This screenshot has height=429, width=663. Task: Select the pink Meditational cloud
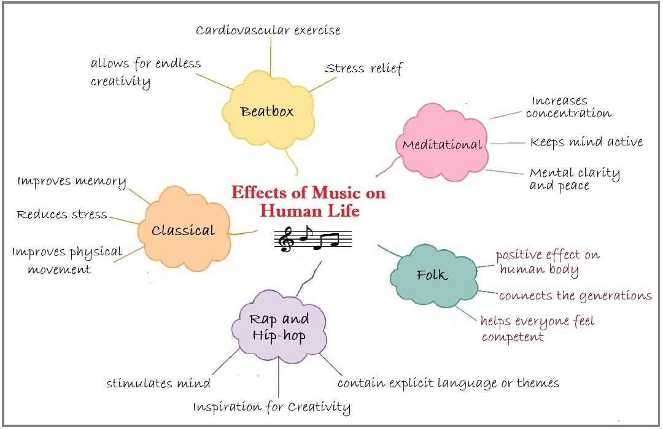point(442,145)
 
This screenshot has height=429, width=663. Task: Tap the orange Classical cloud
point(184,231)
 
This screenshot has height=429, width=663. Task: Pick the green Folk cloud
point(433,274)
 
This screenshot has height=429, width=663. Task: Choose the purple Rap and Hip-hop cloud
point(279,328)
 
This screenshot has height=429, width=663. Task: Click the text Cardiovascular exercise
point(268,29)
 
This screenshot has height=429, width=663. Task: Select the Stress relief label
point(363,68)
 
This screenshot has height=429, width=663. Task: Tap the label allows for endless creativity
point(145,72)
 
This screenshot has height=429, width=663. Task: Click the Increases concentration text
point(568,107)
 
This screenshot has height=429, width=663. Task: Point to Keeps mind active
point(586,142)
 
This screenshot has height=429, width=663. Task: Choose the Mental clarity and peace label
point(574,179)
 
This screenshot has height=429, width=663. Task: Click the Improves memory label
point(72,182)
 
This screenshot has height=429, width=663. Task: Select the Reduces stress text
point(61,214)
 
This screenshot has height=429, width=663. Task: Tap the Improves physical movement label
point(67,260)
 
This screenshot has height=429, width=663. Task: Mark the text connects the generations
point(575,296)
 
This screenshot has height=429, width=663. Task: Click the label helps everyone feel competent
point(537,329)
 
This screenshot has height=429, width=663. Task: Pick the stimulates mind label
point(158,384)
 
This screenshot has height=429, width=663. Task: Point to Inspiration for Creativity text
point(272,407)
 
